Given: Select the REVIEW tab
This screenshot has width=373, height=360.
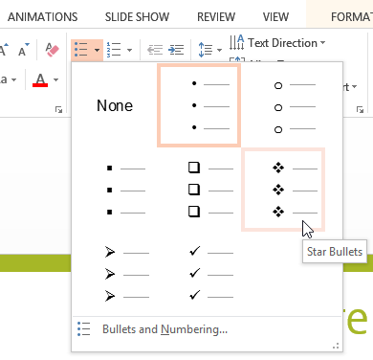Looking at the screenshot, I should pyautogui.click(x=215, y=16).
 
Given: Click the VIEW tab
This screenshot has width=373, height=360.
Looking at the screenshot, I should pyautogui.click(x=275, y=16).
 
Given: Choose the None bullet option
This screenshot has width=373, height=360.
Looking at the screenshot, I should pyautogui.click(x=115, y=106).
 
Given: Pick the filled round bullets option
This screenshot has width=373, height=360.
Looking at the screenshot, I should pyautogui.click(x=198, y=105).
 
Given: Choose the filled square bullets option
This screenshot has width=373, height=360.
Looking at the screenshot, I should pyautogui.click(x=115, y=190).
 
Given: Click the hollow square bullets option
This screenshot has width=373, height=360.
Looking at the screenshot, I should pyautogui.click(x=198, y=190).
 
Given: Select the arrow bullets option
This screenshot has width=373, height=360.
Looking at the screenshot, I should pyautogui.click(x=115, y=273).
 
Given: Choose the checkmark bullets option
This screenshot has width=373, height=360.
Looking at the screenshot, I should pyautogui.click(x=198, y=273).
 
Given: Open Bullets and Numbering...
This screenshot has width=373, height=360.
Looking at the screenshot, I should pyautogui.click(x=165, y=330).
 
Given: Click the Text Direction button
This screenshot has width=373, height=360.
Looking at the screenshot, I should pyautogui.click(x=276, y=43).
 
